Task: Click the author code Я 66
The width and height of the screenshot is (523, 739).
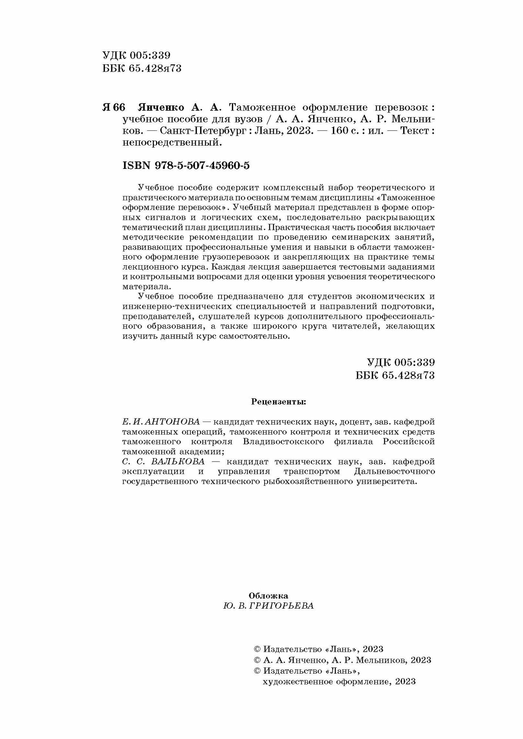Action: pyautogui.click(x=114, y=107)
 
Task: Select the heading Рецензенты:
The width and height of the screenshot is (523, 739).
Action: pyautogui.click(x=279, y=401)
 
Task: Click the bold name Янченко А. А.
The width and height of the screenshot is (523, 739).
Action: pyautogui.click(x=179, y=107)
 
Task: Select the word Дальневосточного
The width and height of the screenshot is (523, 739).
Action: pyautogui.click(x=394, y=471)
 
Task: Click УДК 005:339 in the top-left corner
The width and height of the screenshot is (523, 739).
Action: pyautogui.click(x=136, y=55)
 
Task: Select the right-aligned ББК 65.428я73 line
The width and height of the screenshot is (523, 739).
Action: pyautogui.click(x=395, y=375)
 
